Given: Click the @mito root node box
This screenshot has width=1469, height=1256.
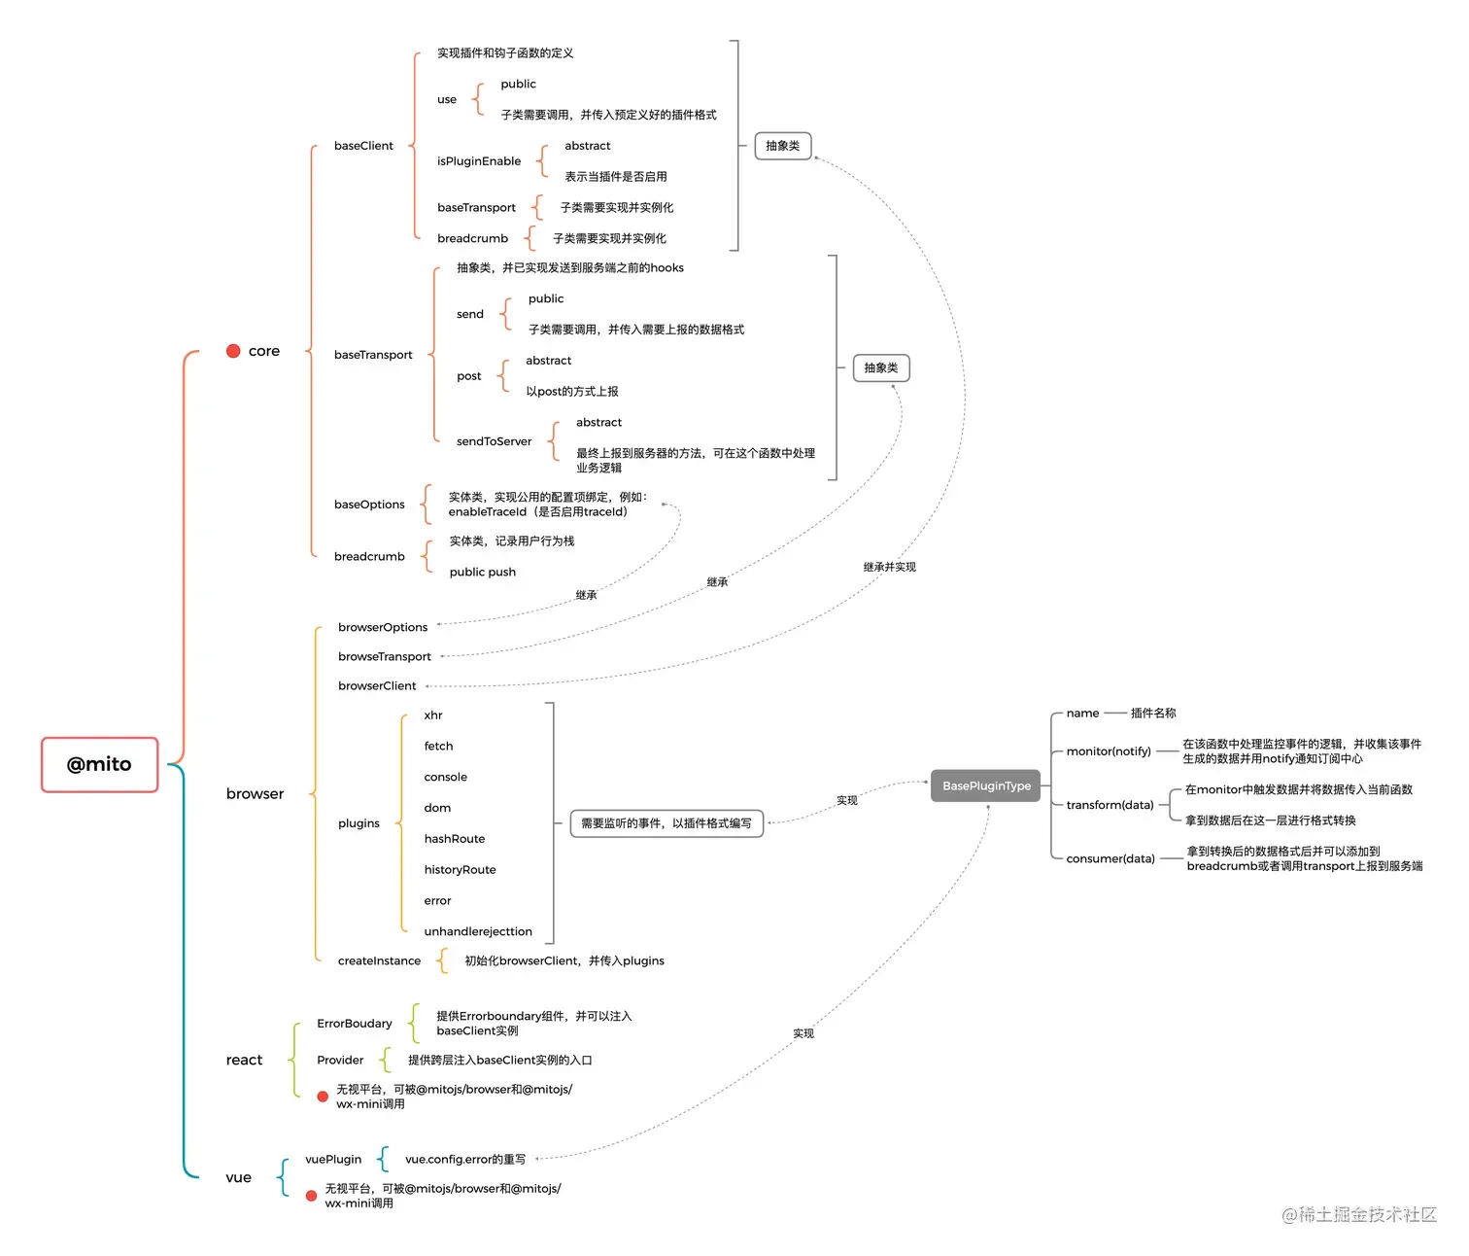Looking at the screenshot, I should point(99,765).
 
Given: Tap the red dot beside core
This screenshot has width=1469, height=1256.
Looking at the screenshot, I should point(233,351).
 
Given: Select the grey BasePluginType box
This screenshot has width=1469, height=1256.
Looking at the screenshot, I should point(985,785).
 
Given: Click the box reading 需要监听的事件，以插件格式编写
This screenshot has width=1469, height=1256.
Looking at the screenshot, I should point(666,823).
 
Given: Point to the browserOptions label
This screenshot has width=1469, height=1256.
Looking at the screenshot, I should point(382,627).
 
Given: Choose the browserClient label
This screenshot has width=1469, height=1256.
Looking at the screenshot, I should point(376,685).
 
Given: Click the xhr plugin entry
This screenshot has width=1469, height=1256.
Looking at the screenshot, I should point(433,715).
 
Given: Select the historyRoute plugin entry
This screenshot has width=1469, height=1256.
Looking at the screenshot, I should point(460,870).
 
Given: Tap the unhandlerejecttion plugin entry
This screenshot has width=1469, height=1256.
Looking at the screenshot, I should point(477,931).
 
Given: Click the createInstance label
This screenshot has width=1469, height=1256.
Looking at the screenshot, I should point(379,960).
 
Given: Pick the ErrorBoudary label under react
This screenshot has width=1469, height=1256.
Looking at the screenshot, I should point(354,1024).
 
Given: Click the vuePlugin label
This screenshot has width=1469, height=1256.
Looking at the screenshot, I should point(333,1159).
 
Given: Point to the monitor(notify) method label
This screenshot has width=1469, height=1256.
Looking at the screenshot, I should point(1108,751).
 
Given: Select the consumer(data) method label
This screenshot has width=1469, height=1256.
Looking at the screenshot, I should point(1110,858).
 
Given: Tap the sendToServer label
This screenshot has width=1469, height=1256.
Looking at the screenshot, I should point(494,441).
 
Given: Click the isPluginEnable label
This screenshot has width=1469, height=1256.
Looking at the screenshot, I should point(478,161).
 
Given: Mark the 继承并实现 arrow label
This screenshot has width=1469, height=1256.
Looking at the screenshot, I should point(889,567).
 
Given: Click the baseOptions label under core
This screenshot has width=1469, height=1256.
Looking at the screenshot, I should point(369,505).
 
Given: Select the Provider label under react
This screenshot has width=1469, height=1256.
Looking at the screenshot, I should point(340,1060).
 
